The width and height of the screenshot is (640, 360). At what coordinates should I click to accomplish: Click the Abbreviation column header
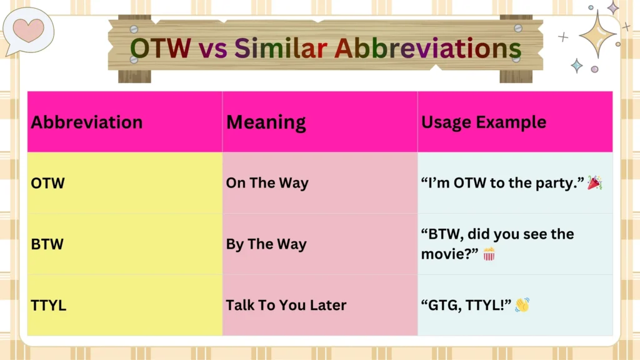click(87, 122)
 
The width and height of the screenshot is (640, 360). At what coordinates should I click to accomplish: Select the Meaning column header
click(266, 122)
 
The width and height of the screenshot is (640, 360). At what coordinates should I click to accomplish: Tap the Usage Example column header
click(484, 122)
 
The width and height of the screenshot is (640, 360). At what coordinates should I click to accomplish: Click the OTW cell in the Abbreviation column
click(48, 183)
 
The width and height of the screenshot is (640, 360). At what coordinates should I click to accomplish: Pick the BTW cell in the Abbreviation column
click(47, 244)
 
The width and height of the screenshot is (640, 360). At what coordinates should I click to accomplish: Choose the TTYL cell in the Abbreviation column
click(49, 305)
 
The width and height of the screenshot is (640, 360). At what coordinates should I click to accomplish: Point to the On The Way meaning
click(267, 183)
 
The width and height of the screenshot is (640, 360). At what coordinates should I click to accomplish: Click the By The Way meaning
click(266, 244)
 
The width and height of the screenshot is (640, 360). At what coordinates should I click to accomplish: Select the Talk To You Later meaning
click(286, 305)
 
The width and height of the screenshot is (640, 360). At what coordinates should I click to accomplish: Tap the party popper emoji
click(595, 182)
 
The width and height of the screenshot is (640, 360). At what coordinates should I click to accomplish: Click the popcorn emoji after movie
click(489, 254)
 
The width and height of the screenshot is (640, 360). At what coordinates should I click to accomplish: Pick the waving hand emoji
click(522, 305)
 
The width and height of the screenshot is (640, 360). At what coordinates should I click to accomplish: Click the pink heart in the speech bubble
click(29, 29)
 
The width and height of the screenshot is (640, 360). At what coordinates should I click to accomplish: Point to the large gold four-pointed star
click(597, 34)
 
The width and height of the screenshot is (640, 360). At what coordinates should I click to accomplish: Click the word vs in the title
click(217, 48)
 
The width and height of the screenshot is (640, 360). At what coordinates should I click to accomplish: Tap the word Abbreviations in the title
click(427, 48)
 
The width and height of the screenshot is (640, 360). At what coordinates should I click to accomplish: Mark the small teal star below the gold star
click(576, 66)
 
